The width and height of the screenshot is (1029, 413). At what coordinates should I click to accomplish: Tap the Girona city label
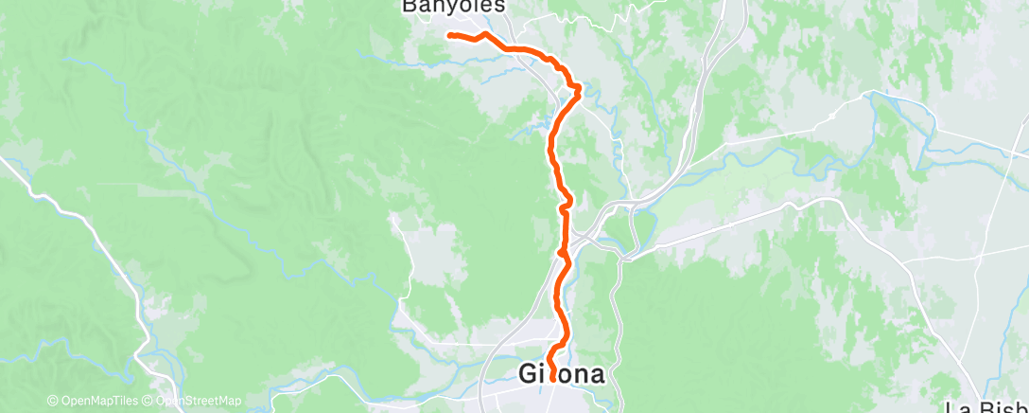(562, 374)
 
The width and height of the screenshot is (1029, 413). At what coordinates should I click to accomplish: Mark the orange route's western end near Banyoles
(448, 35)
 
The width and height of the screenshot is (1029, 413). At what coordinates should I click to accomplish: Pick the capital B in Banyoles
(410, 7)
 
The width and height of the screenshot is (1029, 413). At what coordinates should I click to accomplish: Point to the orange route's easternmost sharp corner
(578, 87)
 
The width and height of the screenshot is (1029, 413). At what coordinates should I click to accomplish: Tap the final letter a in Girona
(596, 375)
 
